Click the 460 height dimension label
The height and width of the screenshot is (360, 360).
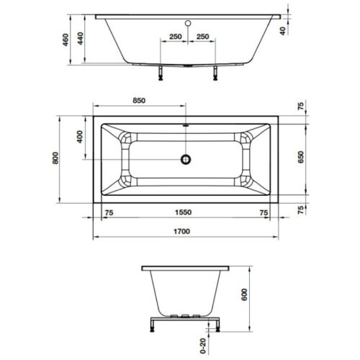(x=66, y=40)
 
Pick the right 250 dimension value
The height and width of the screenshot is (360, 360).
(x=202, y=36)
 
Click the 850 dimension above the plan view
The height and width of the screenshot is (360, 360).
(x=140, y=101)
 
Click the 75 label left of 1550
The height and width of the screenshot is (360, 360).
(x=109, y=213)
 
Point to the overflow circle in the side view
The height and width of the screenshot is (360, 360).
(x=187, y=23)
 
